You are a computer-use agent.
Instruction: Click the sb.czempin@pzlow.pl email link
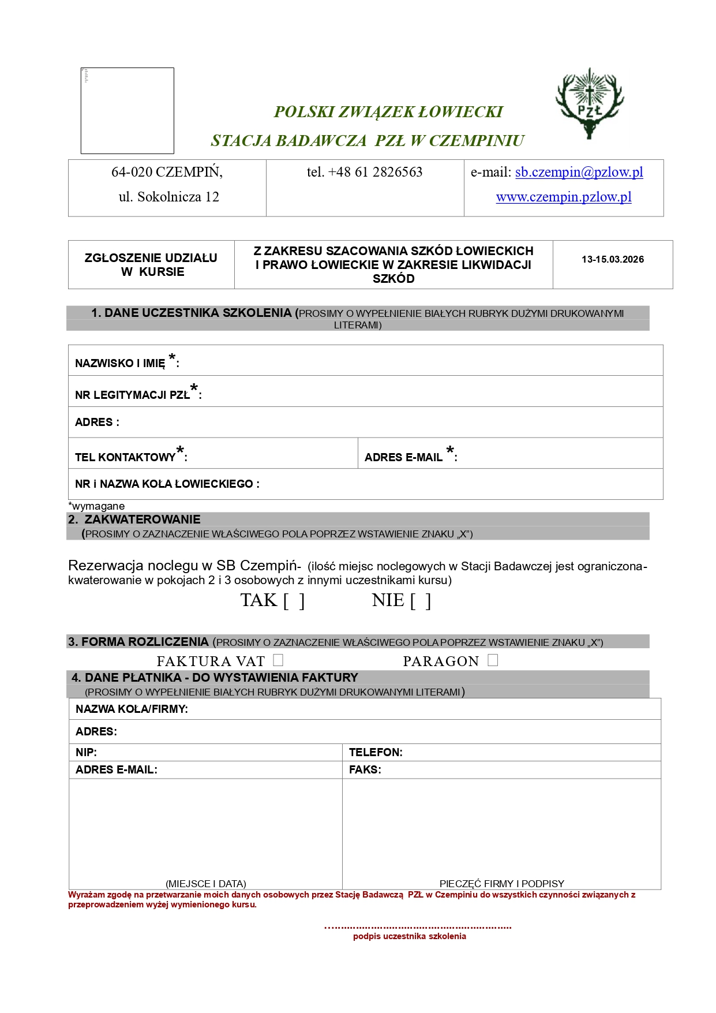tap(579, 172)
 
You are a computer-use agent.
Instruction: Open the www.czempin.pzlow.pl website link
tap(564, 197)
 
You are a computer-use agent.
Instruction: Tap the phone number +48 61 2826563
tap(365, 172)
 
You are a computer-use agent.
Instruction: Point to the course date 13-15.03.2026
tap(612, 260)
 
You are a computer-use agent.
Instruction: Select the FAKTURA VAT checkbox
tap(278, 660)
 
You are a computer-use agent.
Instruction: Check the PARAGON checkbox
tap(492, 660)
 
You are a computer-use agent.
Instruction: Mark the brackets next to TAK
tap(294, 601)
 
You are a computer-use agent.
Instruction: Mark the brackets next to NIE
tap(420, 601)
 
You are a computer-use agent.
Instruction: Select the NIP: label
tap(86, 752)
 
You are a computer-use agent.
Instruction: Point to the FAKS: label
tap(365, 769)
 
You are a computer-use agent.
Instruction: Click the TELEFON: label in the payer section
tap(376, 752)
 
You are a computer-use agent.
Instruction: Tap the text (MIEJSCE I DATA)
tap(205, 883)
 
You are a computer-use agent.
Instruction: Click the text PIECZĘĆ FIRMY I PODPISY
tap(501, 883)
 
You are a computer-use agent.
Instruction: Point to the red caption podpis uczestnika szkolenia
tap(409, 936)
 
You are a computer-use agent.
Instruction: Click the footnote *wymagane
tap(96, 506)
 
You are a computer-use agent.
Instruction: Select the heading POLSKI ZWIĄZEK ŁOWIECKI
tap(388, 112)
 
